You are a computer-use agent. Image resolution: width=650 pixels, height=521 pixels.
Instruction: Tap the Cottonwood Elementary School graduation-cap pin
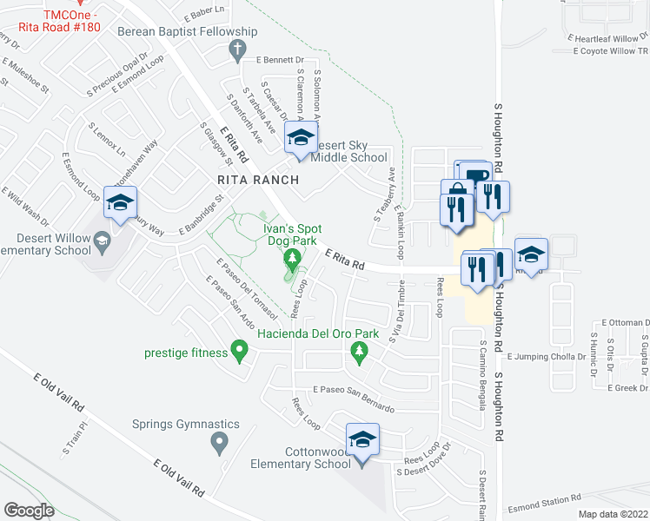click(x=363, y=440)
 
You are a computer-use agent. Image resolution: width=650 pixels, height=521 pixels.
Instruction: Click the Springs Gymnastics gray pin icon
click(x=219, y=444)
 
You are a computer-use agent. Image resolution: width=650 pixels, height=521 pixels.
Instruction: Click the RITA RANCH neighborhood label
click(x=258, y=180)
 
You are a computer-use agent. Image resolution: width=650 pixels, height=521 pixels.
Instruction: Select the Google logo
click(x=30, y=510)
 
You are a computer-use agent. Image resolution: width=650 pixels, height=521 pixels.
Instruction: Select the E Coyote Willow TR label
click(x=612, y=51)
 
